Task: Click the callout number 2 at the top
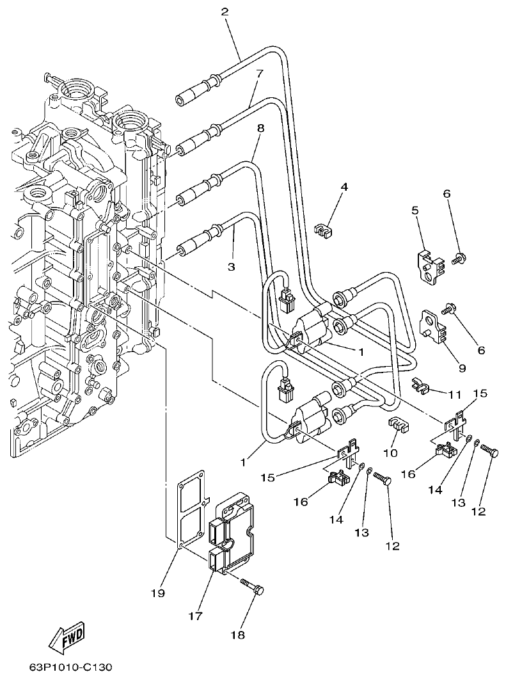(x=225, y=12)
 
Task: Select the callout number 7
(x=259, y=74)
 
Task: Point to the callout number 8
(x=260, y=129)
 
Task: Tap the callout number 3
(x=232, y=265)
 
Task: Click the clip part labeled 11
(x=419, y=385)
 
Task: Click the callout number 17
(x=195, y=616)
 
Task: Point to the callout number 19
(x=158, y=593)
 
